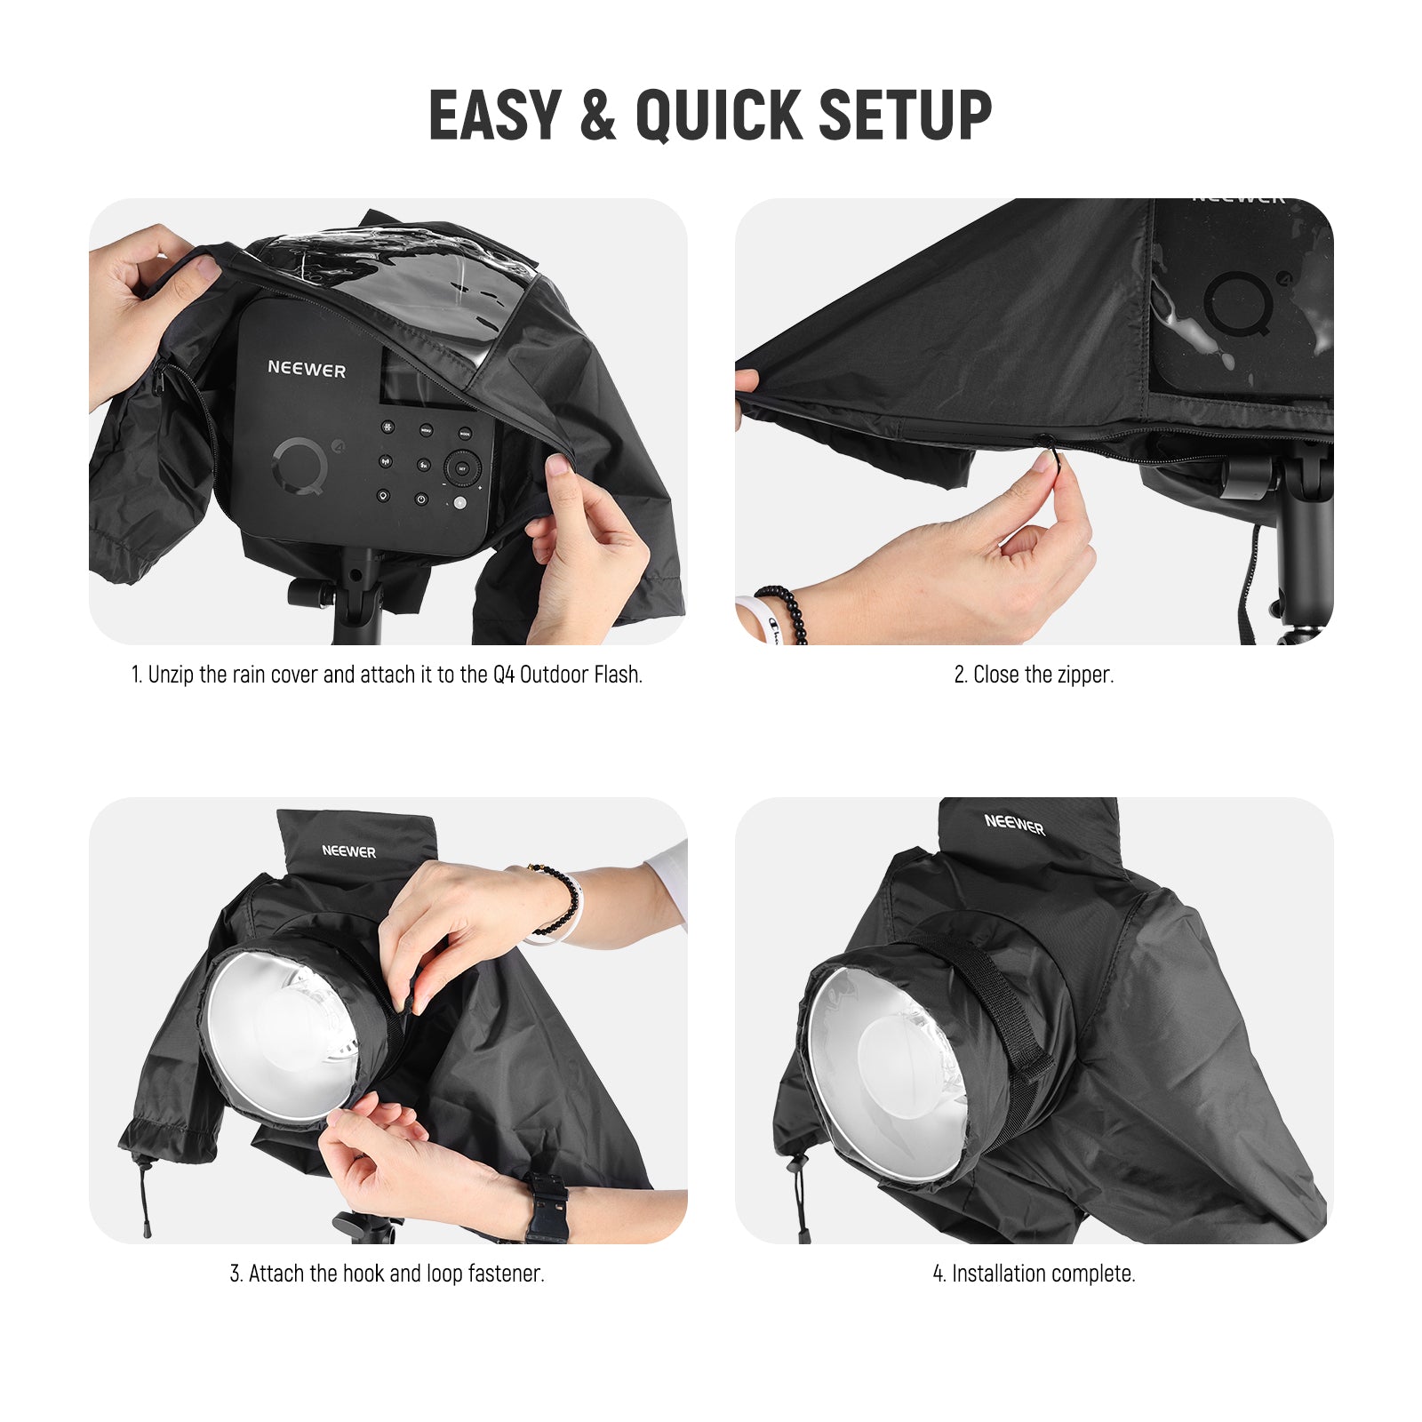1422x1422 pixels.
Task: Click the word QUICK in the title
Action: [x=718, y=116]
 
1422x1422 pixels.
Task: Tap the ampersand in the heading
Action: [x=598, y=116]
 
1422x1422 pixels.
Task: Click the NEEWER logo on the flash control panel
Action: [x=307, y=369]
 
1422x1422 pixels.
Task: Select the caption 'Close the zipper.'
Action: [x=1034, y=675]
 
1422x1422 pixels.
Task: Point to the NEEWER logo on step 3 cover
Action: [x=348, y=851]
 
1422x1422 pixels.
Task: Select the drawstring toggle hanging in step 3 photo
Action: [x=145, y=1195]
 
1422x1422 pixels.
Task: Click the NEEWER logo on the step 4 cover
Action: [x=1014, y=825]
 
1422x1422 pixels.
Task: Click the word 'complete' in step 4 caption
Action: [x=1094, y=1274]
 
